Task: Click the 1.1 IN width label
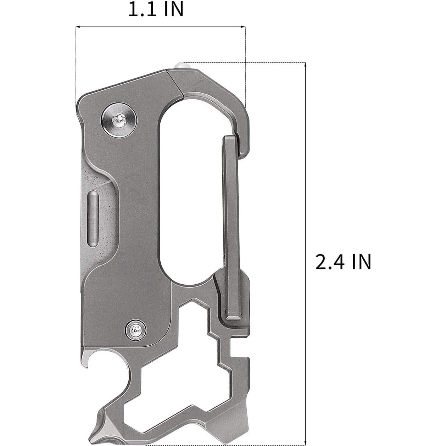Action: tap(156, 10)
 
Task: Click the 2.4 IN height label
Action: tap(343, 262)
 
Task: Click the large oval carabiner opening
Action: tap(193, 191)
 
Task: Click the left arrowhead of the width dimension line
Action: tap(78, 27)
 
